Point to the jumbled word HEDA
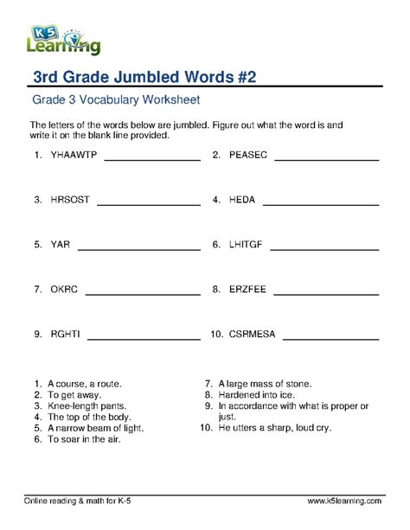click(x=242, y=200)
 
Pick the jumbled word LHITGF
click(x=246, y=245)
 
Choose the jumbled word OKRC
click(x=64, y=289)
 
